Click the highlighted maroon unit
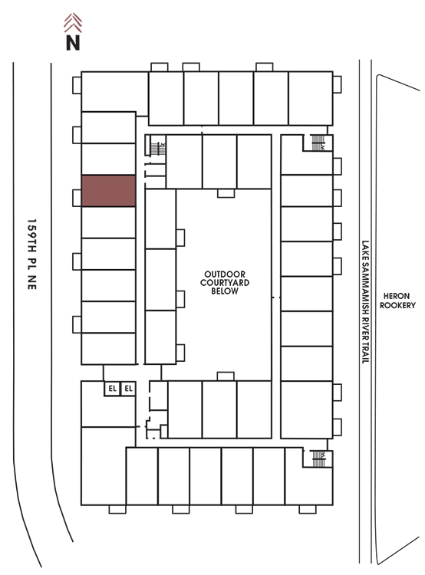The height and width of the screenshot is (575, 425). [109, 191]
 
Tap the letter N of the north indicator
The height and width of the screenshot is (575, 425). [73, 42]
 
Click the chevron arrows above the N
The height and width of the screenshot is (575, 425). [73, 23]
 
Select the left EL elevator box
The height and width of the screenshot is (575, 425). [112, 389]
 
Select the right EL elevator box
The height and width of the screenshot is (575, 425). [128, 389]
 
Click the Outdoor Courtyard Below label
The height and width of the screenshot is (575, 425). [225, 283]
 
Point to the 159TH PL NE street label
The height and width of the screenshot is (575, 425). [32, 255]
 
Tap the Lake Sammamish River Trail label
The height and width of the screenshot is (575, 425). [365, 302]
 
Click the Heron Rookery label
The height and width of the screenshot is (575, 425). [397, 301]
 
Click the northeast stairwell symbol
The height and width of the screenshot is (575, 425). [318, 143]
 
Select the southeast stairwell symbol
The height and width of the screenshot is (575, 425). [318, 458]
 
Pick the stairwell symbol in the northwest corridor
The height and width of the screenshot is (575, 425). [158, 149]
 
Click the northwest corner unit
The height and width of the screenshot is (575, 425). [114, 92]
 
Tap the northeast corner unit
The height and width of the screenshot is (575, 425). [311, 98]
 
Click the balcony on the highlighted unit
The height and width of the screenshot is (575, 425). [77, 198]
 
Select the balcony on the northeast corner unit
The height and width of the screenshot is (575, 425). [338, 84]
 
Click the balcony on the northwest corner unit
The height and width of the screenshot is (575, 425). [77, 85]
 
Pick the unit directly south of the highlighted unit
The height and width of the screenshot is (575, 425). [109, 222]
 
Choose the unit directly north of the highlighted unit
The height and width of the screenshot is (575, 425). [109, 159]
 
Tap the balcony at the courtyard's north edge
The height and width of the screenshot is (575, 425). [226, 193]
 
